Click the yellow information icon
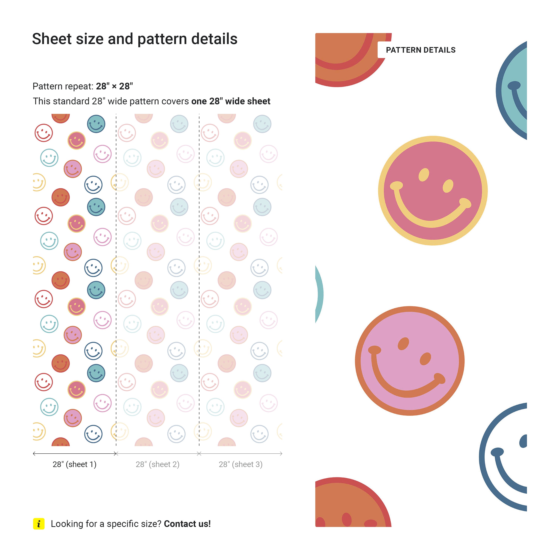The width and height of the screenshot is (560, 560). click(39, 524)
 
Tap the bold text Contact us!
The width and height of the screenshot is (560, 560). click(187, 524)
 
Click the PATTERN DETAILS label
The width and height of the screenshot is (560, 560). click(420, 50)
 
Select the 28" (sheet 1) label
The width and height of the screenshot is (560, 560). click(74, 464)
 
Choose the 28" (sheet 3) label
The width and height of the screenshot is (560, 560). click(241, 464)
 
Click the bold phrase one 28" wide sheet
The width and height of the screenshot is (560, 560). click(231, 101)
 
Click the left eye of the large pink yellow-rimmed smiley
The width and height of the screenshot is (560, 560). click(424, 175)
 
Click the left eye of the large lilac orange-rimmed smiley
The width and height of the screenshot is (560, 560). click(403, 344)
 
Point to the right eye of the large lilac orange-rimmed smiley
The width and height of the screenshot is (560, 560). click(425, 359)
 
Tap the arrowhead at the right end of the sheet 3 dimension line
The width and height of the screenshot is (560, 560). click(281, 454)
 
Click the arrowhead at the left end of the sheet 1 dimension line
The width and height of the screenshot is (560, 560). click(34, 454)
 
